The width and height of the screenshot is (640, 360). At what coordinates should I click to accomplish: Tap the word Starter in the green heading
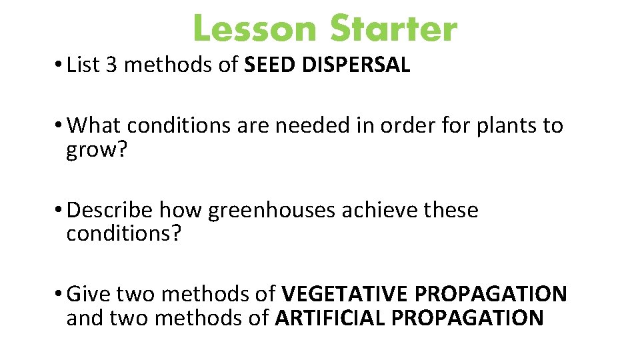coord(394,30)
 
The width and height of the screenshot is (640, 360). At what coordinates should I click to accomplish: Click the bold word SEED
coord(271,65)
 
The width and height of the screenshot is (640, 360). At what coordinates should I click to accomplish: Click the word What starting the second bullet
coord(95,125)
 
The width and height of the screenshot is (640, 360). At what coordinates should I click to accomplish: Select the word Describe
coord(110,210)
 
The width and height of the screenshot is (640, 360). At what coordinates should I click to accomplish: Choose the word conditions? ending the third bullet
coord(123,233)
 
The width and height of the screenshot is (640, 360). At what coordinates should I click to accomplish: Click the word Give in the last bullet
coord(89,293)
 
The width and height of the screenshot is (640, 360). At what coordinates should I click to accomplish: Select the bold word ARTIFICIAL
coord(330,318)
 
